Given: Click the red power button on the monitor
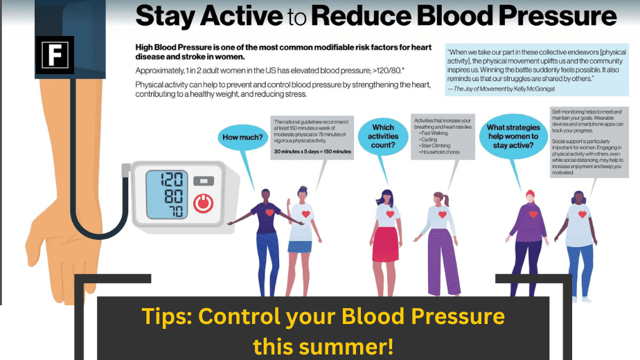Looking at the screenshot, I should [202, 204].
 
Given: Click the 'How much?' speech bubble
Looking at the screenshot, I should [242, 137].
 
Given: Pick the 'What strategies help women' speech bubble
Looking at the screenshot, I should [512, 136].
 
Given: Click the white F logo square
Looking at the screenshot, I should [55, 55].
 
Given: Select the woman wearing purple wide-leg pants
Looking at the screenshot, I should [439, 242].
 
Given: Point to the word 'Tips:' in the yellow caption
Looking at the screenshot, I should [167, 316].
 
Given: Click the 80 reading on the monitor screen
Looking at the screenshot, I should [172, 196].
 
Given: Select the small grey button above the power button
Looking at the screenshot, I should [202, 181].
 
